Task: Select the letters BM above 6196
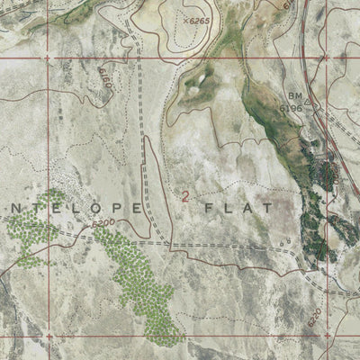coord(294,95)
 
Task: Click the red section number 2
coord(186,196)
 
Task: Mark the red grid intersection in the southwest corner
coord(49,338)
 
